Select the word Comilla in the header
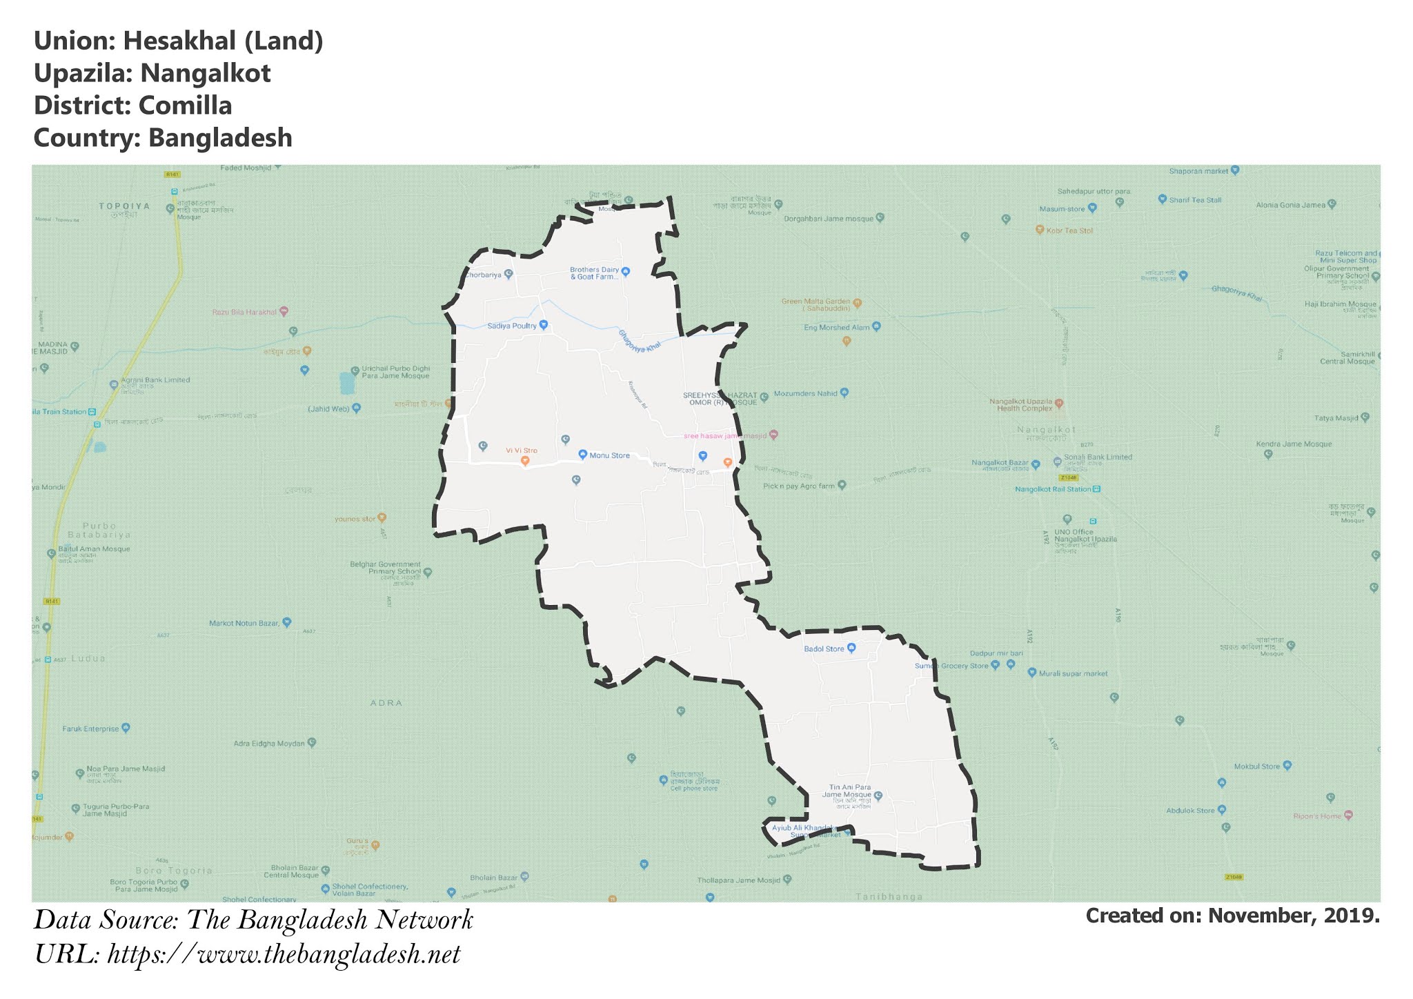185,106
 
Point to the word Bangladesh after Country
220,138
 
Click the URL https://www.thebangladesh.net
284,955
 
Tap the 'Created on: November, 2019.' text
1232,916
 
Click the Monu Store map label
609,455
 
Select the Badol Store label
824,649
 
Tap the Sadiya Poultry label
512,326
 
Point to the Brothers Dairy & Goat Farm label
594,273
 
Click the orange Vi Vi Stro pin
524,461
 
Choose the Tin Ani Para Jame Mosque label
850,791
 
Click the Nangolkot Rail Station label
1053,489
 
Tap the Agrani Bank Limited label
155,380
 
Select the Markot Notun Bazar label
244,623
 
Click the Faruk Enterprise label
90,729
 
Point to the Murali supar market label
1073,673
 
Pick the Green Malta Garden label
816,304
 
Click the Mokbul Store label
1256,766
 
